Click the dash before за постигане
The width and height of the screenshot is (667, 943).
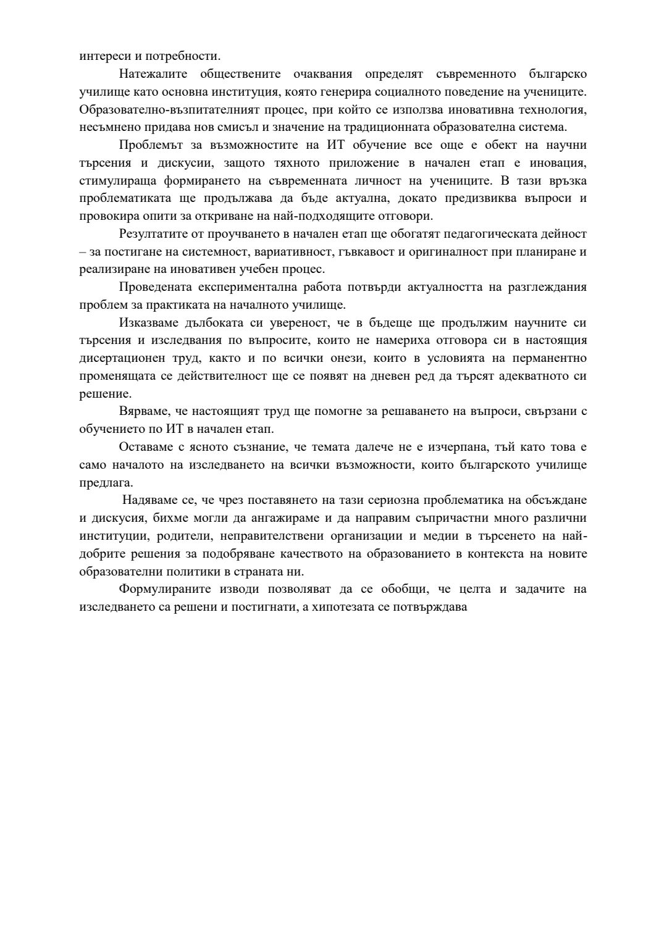(x=83, y=252)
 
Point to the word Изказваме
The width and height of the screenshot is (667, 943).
(x=149, y=323)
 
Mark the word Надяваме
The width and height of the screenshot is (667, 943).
(x=150, y=500)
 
